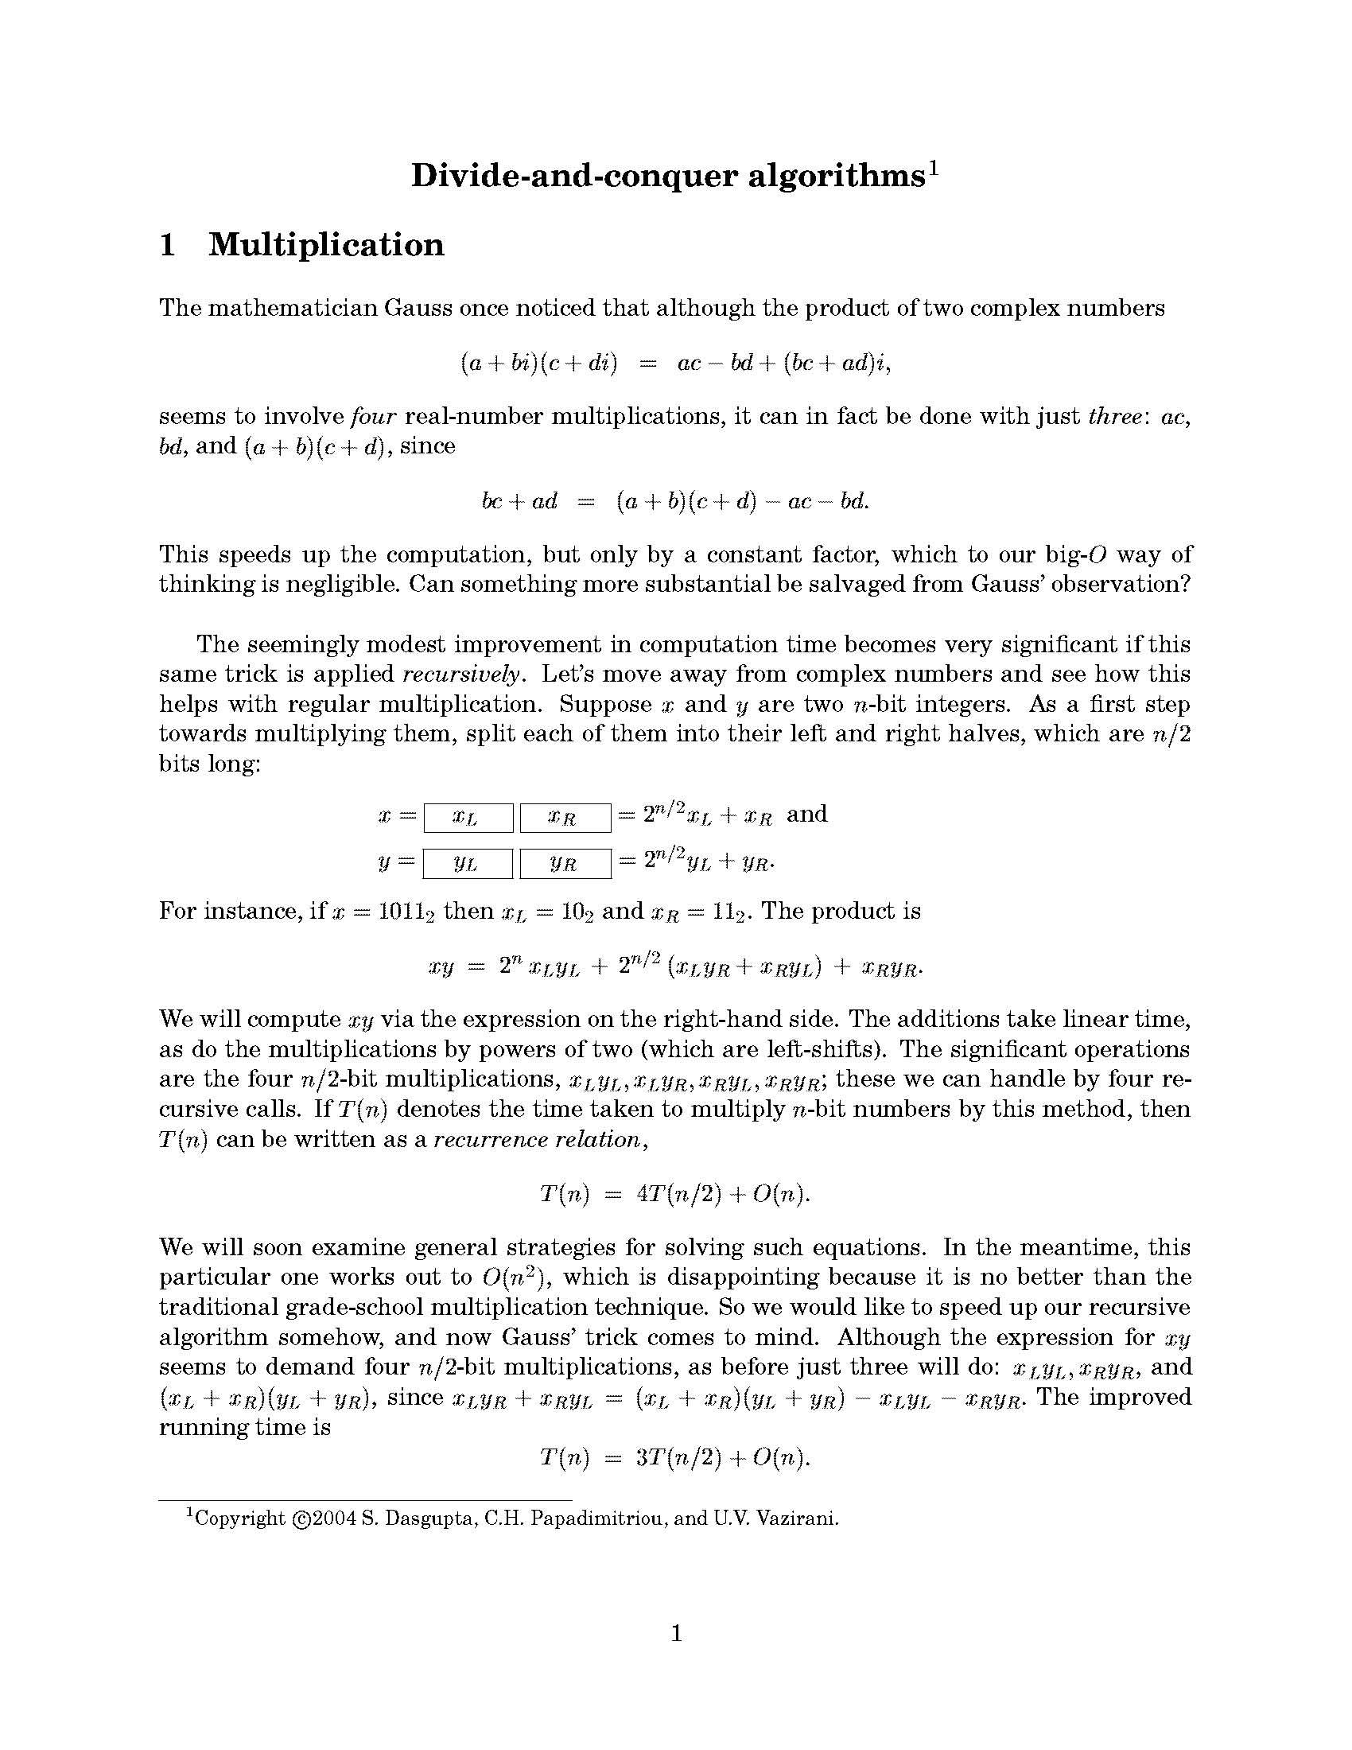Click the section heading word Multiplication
click(326, 245)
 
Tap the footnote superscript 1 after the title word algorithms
click(932, 168)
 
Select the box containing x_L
click(468, 818)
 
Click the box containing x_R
click(565, 818)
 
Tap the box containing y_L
click(468, 864)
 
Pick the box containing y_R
click(565, 864)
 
